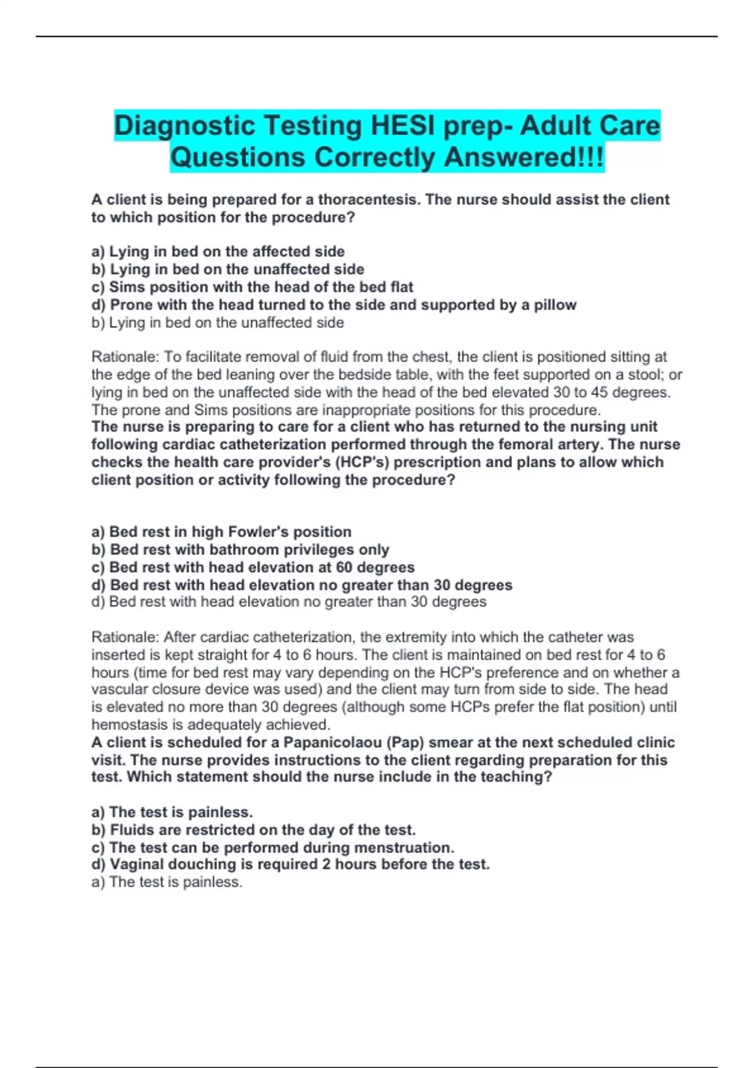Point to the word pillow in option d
555,305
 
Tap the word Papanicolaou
332,743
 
